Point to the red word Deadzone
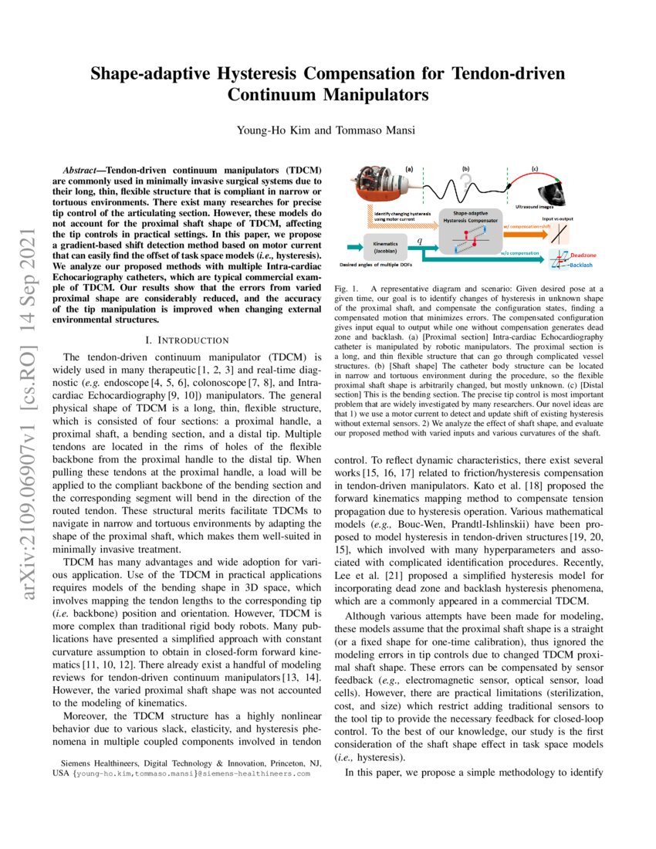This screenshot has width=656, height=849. [x=585, y=253]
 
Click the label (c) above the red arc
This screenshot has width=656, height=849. [x=534, y=168]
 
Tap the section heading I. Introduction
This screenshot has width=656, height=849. [x=187, y=340]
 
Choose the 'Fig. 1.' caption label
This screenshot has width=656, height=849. [x=347, y=288]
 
